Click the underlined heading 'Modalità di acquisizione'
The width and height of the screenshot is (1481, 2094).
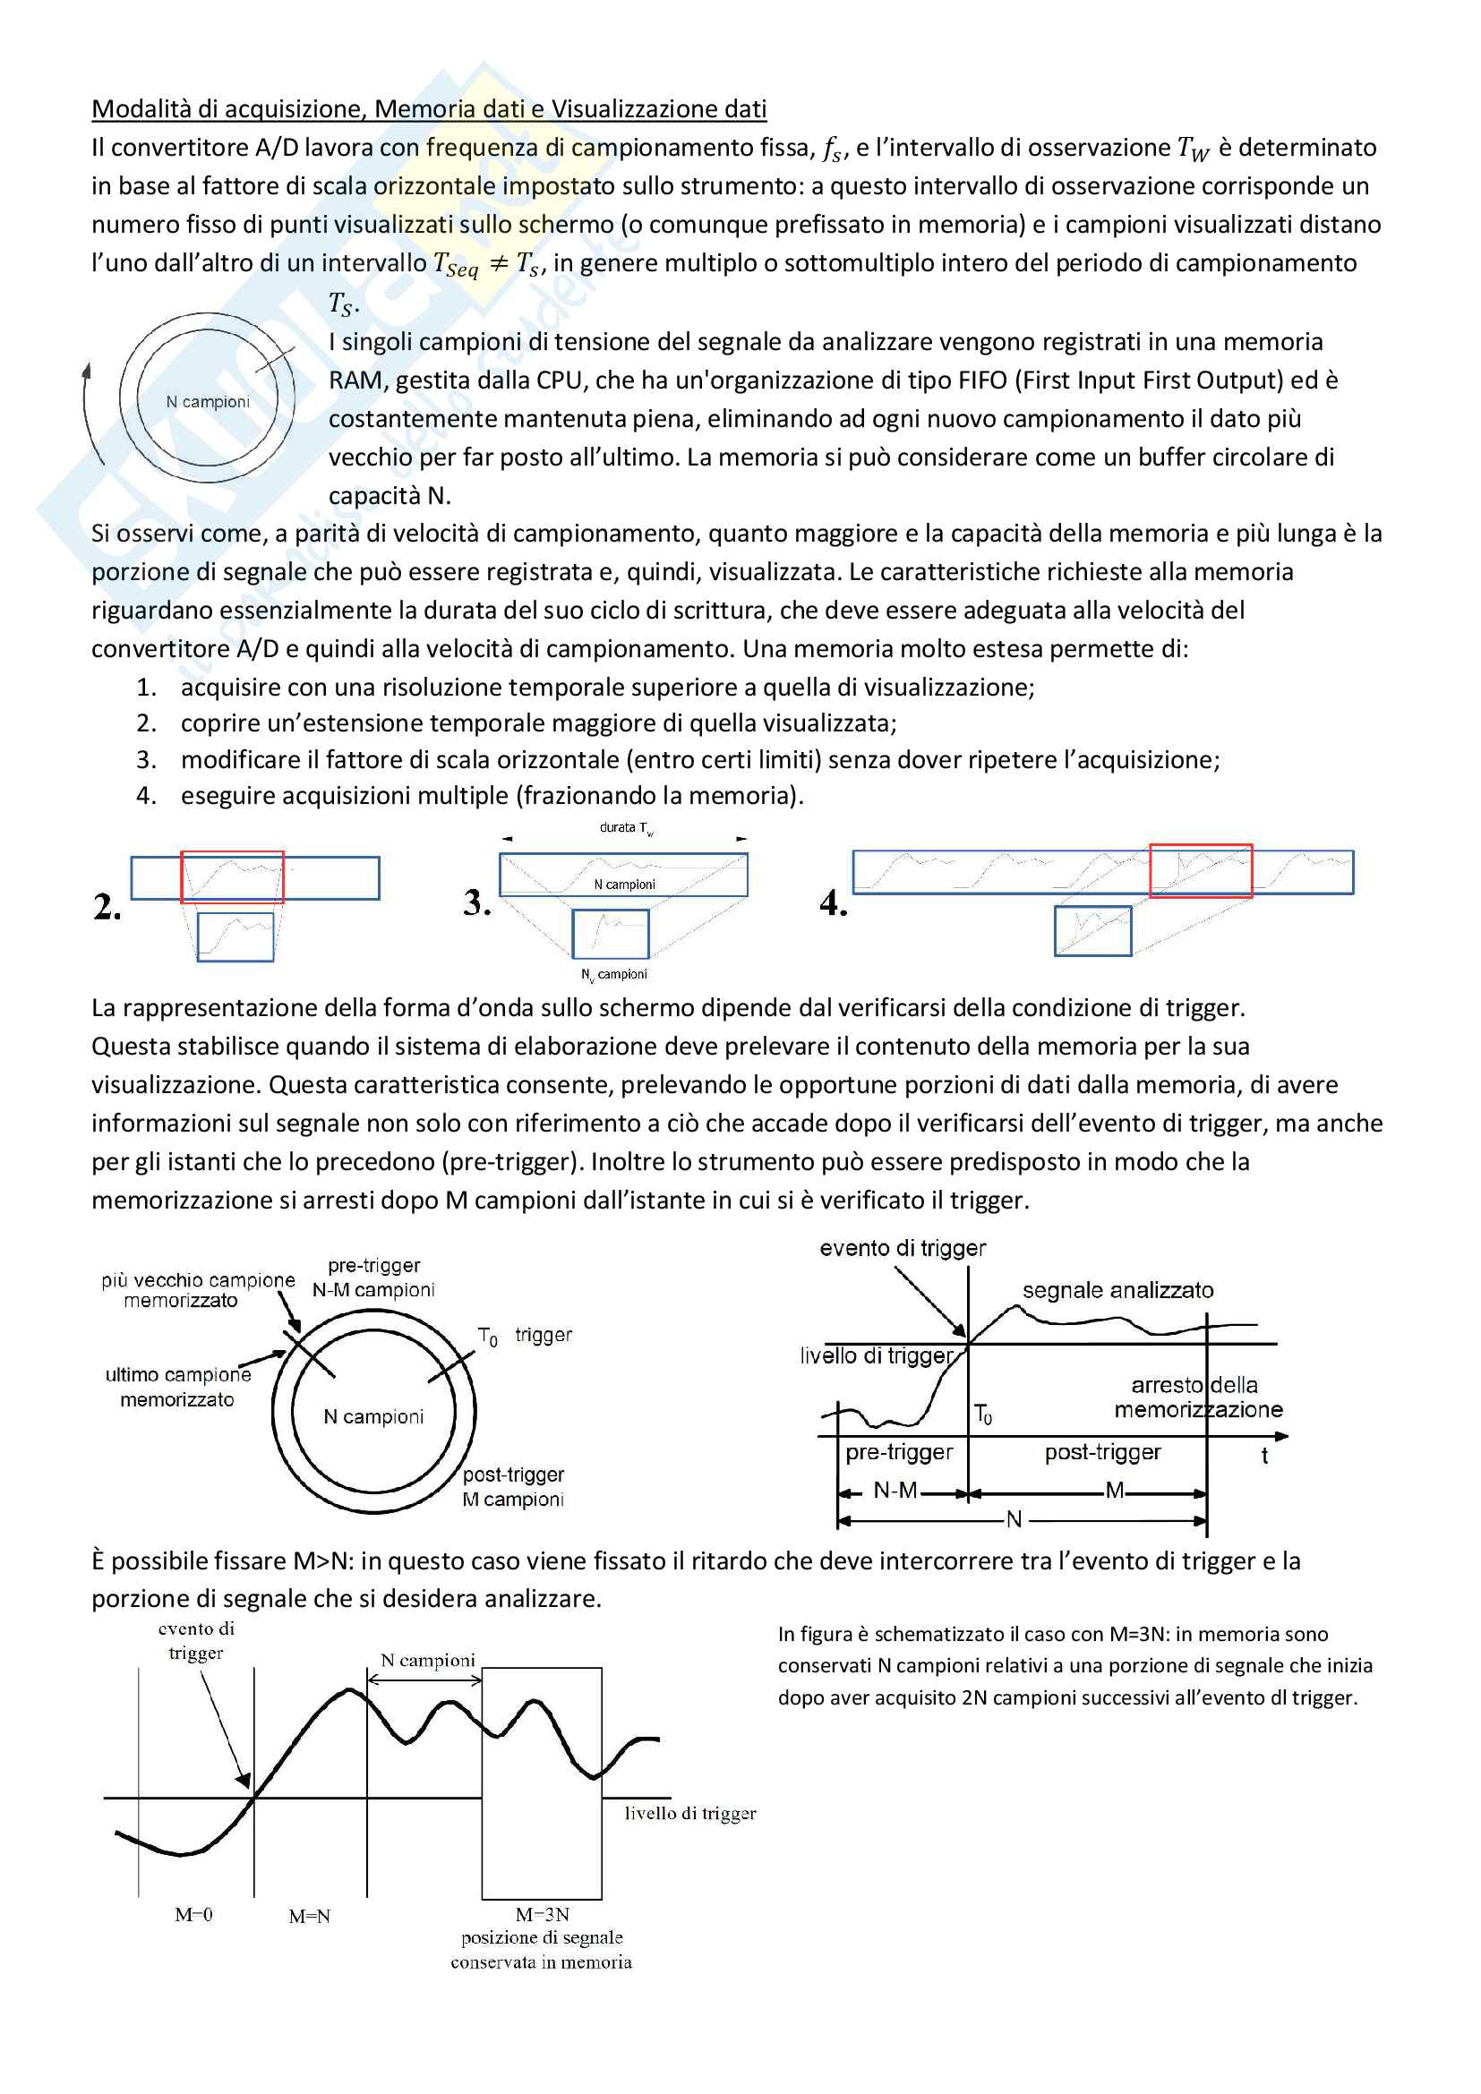point(429,108)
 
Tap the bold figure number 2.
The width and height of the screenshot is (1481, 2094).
point(107,907)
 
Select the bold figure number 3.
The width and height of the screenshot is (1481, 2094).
point(477,902)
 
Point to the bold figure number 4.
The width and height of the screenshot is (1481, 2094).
point(834,902)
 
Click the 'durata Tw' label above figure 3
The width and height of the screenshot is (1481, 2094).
point(626,828)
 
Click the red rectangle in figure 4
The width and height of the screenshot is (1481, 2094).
point(1200,870)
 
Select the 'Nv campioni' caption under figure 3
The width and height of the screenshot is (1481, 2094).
point(613,974)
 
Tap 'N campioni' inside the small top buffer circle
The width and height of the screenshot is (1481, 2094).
point(207,402)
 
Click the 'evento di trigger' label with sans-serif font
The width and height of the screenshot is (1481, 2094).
point(902,1248)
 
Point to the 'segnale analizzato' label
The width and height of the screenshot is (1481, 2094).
point(1117,1289)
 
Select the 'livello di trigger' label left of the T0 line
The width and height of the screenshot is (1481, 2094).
point(876,1356)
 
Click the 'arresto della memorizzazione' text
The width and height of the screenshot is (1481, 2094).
point(1196,1397)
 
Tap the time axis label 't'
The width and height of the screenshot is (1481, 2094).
point(1264,1456)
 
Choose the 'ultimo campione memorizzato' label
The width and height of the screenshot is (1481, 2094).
point(178,1386)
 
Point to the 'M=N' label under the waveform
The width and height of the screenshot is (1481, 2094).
point(309,1916)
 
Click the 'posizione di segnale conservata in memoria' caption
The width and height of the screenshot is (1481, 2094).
point(542,1949)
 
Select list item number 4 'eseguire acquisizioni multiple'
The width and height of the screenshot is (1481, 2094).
point(491,795)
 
